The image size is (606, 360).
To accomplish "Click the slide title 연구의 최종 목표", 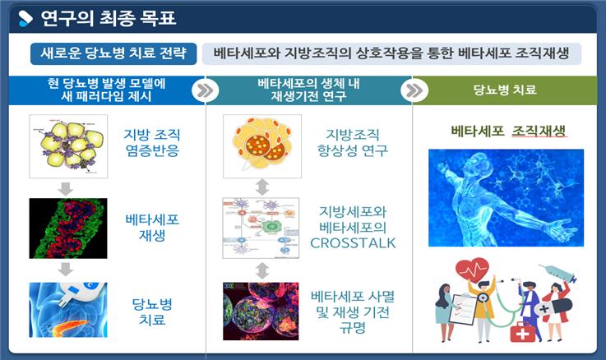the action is coord(109,18).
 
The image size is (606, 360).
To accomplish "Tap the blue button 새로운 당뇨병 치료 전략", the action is coord(113,53).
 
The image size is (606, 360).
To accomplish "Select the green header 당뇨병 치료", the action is coord(505,90).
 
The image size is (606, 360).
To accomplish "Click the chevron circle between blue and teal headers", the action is coord(206,90).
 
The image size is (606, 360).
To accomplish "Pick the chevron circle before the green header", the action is coord(414,90).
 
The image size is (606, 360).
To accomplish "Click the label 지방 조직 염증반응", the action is coord(152,142).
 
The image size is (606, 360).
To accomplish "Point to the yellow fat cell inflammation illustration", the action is coord(68,146).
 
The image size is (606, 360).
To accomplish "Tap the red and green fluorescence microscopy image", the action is coord(68,228).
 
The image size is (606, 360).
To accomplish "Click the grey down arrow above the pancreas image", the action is coord(66,269).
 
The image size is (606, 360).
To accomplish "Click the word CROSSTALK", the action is coord(353,243).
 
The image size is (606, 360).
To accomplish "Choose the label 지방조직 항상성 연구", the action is coord(353,142).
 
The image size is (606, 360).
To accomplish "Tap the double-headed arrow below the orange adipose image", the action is coord(262,187).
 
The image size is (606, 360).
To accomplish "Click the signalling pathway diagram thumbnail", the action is coord(261,228).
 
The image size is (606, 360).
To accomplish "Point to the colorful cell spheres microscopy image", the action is coord(261,312).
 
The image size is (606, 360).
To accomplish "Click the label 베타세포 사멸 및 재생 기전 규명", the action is coord(353,312).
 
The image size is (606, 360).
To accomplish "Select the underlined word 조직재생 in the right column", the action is coord(539,131).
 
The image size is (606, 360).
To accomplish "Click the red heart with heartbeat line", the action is coord(472,270).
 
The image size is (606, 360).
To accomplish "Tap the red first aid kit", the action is coord(522,332).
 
